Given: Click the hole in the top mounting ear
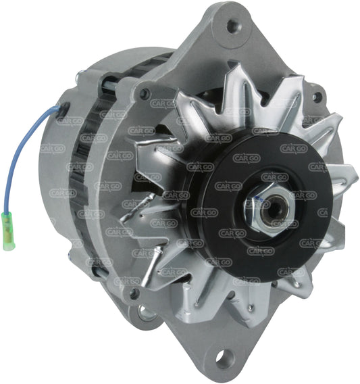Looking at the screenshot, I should point(233,27).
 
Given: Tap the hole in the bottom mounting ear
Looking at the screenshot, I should point(223,359).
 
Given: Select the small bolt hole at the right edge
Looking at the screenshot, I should point(317,97).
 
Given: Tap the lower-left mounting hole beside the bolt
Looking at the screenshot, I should point(143,312).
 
